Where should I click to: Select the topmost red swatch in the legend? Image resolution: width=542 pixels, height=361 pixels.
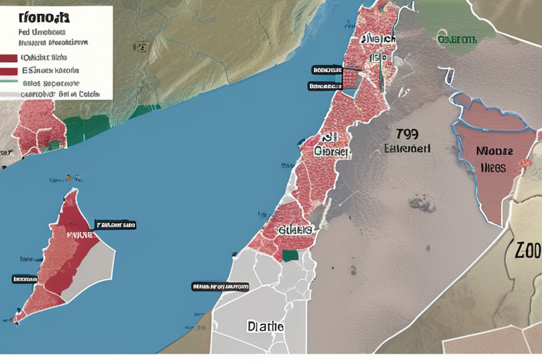9,58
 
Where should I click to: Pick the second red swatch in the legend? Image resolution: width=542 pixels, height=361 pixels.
9,71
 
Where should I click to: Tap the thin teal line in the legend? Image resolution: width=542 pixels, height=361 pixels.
9,82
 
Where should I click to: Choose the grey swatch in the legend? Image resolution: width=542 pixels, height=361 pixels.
9,93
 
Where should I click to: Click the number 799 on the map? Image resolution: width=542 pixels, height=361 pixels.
407,135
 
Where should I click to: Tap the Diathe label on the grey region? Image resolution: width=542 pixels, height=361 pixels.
265,326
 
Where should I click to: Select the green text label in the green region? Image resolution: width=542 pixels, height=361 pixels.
457,39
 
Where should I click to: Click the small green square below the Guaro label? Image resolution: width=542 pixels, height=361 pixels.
289,255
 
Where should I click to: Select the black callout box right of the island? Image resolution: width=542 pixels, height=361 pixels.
115,226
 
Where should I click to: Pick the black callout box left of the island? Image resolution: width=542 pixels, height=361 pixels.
25,279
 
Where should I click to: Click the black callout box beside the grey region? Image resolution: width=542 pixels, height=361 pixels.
220,287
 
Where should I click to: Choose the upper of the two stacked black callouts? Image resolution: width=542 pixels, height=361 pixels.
326,71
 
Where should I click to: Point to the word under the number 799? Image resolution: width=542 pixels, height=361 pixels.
407,149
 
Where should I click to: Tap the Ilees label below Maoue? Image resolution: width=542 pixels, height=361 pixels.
493,168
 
